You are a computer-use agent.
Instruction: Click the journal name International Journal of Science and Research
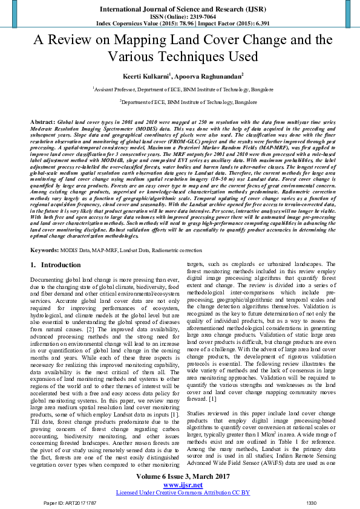tap(180, 8)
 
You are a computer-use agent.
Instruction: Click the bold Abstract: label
tap(42, 122)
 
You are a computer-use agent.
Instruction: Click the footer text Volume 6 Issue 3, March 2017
tap(180, 476)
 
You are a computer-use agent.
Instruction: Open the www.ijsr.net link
tap(180, 484)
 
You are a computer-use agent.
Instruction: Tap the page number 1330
tap(312, 503)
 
